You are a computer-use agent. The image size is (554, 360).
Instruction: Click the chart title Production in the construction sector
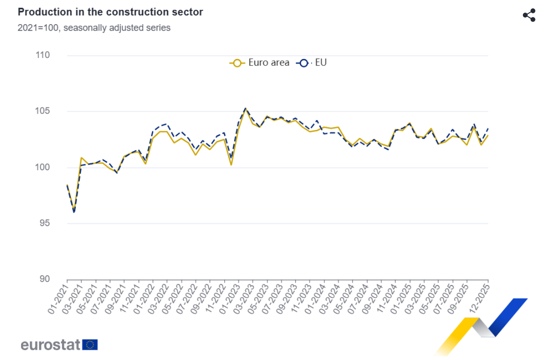point(110,12)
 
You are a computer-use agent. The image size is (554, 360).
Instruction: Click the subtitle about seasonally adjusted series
point(94,28)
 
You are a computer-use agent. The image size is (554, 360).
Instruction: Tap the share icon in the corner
point(529,15)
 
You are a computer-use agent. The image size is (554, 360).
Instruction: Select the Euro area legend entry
point(260,63)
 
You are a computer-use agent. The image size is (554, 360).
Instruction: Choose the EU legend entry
point(312,63)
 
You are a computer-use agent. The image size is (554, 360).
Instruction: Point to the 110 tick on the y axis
point(42,55)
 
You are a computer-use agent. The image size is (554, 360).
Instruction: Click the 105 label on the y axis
point(42,111)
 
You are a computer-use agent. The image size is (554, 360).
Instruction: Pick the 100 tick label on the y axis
point(42,167)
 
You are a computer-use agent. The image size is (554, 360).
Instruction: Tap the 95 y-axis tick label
point(44,223)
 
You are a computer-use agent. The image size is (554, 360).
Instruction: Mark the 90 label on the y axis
point(44,279)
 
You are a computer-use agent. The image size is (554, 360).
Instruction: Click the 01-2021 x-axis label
point(59,295)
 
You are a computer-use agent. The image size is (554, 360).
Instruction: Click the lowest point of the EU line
point(74,213)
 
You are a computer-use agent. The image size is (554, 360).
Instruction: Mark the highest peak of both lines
point(246,108)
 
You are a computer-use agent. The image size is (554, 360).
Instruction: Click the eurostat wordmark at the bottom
point(51,345)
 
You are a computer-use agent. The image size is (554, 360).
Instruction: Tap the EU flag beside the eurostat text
point(90,345)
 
